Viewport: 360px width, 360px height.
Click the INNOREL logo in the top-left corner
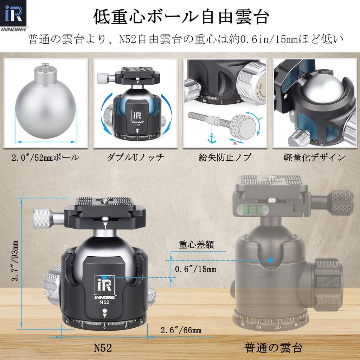(13, 15)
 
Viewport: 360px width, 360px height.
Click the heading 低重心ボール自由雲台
(181, 17)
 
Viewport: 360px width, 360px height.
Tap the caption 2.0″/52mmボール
(45, 157)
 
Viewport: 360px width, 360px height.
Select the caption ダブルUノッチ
(135, 157)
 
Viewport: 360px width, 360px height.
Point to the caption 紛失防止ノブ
(225, 157)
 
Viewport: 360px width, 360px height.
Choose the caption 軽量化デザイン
(315, 157)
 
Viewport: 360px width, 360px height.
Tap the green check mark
(261, 118)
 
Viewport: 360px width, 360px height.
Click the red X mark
(235, 143)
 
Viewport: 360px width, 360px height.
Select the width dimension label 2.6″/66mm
(181, 330)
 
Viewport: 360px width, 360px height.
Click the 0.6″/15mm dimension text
(195, 269)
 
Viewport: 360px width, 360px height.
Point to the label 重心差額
(196, 245)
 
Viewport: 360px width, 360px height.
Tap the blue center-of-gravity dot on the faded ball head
(271, 260)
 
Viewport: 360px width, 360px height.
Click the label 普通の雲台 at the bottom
(273, 348)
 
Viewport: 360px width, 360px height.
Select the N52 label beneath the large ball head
(103, 348)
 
